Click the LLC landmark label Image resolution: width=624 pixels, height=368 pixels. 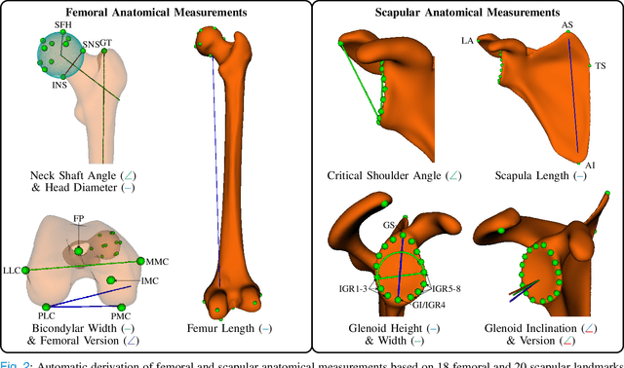click(x=14, y=268)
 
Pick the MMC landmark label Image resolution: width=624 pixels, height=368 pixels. click(x=158, y=262)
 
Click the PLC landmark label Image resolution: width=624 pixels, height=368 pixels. click(x=47, y=316)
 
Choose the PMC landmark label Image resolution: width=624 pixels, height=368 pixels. click(x=120, y=316)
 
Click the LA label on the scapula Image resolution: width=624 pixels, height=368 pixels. click(x=468, y=41)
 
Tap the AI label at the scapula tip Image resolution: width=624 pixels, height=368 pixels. click(x=589, y=166)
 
